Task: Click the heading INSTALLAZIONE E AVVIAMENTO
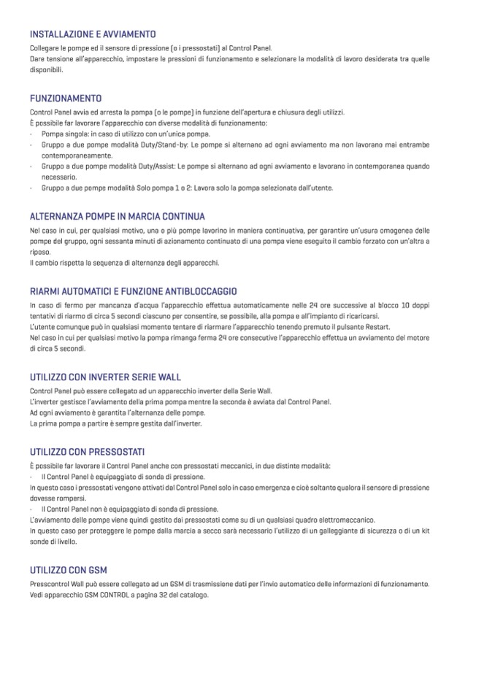pyautogui.click(x=92, y=34)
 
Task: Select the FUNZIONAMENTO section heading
pyautogui.click(x=66, y=98)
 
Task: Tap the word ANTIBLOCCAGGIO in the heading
pyautogui.click(x=197, y=291)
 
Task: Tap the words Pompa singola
pyautogui.click(x=64, y=134)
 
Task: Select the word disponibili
pyautogui.click(x=47, y=70)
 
